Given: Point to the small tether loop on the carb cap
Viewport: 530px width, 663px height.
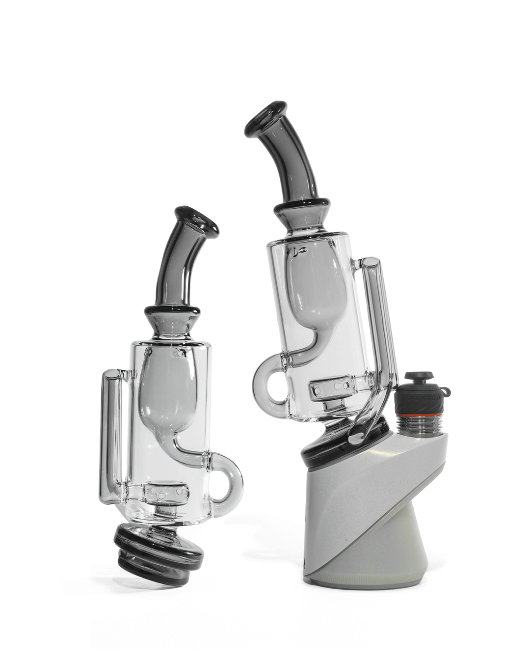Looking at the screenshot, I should coord(445,392).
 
